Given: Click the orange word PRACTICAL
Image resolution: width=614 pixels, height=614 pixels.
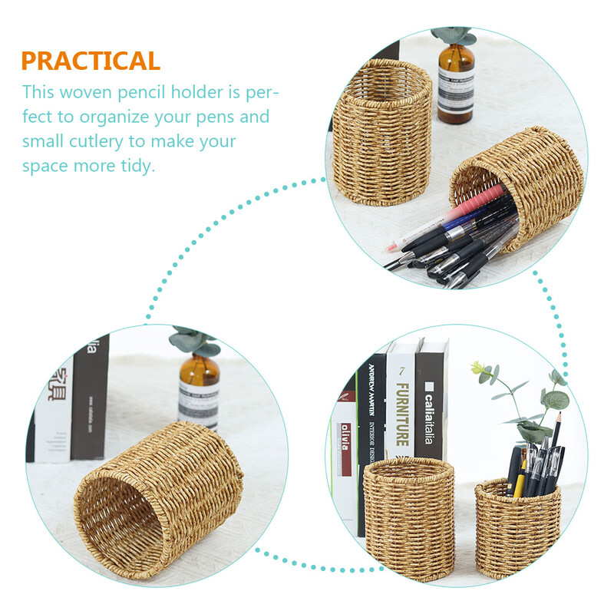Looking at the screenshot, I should [x=91, y=61].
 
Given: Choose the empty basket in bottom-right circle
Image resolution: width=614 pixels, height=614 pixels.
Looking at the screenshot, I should [x=408, y=517].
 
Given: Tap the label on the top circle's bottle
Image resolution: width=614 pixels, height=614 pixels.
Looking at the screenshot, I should [x=456, y=95].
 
